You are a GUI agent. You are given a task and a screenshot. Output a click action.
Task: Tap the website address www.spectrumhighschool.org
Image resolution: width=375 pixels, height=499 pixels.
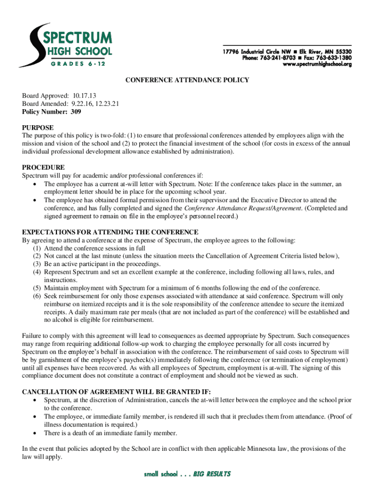[317, 64]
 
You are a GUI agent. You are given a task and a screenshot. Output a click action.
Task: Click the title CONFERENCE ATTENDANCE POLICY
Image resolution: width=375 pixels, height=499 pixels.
[187, 80]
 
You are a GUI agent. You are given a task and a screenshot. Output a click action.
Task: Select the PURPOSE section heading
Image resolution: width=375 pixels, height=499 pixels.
[38, 128]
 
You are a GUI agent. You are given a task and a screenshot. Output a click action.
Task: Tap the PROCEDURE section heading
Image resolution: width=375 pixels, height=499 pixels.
[43, 167]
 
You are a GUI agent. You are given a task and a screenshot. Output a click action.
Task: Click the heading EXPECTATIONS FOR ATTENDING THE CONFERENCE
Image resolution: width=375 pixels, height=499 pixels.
[110, 232]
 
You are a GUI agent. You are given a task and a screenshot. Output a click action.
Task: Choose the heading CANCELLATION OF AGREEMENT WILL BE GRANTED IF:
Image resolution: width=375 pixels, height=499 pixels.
[117, 392]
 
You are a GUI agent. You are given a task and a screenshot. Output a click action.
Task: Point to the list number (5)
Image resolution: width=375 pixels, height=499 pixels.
[37, 288]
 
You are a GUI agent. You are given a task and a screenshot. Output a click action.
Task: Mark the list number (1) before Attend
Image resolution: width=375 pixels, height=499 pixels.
[37, 248]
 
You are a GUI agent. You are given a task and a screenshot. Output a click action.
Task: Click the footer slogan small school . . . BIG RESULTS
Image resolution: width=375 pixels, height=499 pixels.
[187, 474]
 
